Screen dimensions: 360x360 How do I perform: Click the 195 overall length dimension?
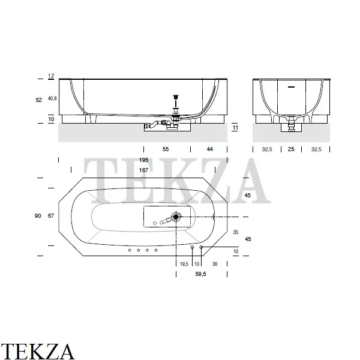tap(143, 160)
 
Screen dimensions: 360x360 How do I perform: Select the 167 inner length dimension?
tap(143, 170)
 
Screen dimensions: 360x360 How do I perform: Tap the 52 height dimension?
tap(39, 100)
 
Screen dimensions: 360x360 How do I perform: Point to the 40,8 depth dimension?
tap(52, 98)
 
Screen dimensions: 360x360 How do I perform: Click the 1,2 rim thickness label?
tap(51, 76)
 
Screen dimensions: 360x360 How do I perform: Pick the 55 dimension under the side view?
tap(166, 149)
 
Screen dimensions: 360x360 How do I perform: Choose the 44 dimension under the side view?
tap(209, 149)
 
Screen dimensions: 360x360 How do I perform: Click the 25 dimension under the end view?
tap(291, 149)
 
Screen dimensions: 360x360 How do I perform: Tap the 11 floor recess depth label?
tap(235, 128)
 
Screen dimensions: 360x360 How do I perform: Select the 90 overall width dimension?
tap(38, 216)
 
